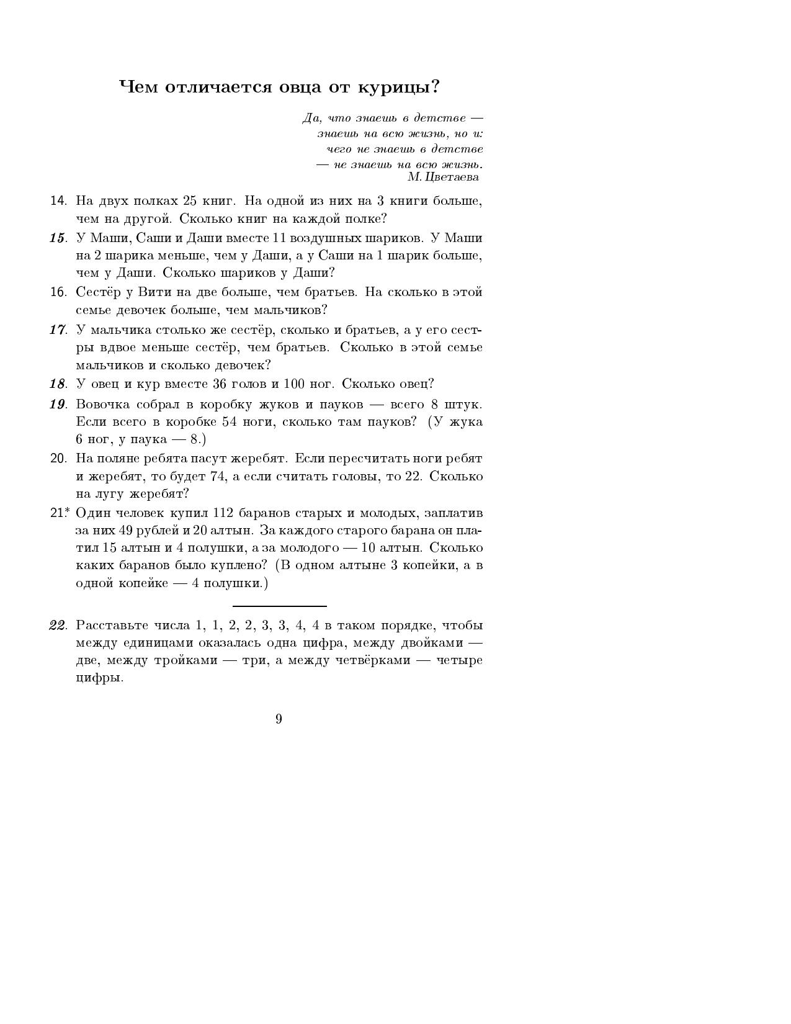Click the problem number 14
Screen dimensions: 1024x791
click(58, 201)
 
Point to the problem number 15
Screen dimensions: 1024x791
click(58, 238)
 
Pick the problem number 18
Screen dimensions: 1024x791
click(58, 384)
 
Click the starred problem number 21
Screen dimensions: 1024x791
click(58, 513)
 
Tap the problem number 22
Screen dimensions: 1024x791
click(58, 626)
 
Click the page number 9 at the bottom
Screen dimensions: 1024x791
click(279, 719)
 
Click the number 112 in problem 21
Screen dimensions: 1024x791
click(223, 513)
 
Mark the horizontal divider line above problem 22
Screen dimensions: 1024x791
click(280, 606)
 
